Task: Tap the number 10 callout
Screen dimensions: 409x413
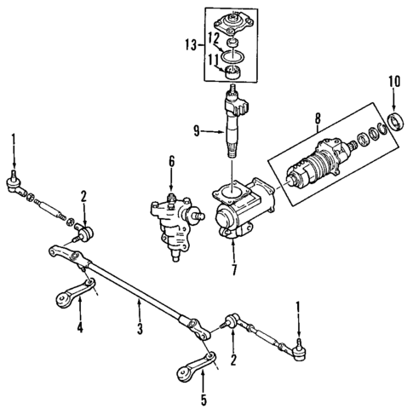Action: tap(393, 81)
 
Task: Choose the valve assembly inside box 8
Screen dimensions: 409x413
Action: tap(319, 166)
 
